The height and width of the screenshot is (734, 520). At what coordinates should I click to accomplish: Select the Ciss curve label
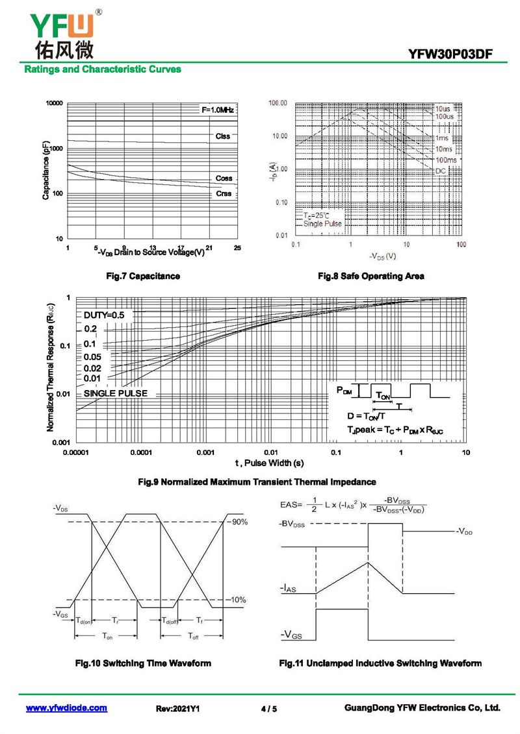[223, 136]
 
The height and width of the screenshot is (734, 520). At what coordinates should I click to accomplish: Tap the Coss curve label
[224, 178]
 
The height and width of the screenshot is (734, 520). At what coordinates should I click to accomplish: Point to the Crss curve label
[224, 193]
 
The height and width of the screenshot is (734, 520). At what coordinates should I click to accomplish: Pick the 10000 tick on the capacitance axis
[55, 104]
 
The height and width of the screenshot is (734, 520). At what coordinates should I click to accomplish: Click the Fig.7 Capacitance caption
[143, 276]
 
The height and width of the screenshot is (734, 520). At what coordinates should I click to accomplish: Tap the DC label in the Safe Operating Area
[441, 170]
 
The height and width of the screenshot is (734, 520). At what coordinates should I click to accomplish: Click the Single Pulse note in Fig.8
[322, 223]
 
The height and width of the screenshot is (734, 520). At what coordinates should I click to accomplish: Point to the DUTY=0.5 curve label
[104, 315]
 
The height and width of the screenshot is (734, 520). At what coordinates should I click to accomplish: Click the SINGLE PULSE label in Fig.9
[116, 393]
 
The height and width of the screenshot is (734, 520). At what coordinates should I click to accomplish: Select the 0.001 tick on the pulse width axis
[205, 452]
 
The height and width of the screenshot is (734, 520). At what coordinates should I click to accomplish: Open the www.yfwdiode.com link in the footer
[66, 708]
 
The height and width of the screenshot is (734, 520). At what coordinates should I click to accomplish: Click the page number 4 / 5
[268, 709]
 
